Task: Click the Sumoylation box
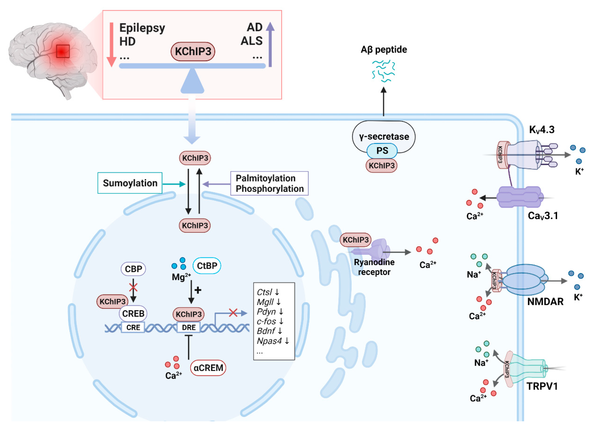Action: click(x=130, y=183)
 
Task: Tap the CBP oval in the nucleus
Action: click(x=133, y=269)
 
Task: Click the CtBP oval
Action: click(x=207, y=266)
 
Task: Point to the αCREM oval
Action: click(x=208, y=368)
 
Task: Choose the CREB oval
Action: click(x=133, y=313)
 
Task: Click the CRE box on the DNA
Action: click(x=133, y=327)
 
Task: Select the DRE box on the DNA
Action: click(x=188, y=327)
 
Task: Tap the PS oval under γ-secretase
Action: click(x=382, y=151)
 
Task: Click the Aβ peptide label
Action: click(x=384, y=50)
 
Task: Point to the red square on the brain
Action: click(x=63, y=51)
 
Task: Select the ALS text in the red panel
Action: click(x=251, y=41)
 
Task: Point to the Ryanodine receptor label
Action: click(x=374, y=267)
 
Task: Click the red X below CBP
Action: click(x=133, y=288)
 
